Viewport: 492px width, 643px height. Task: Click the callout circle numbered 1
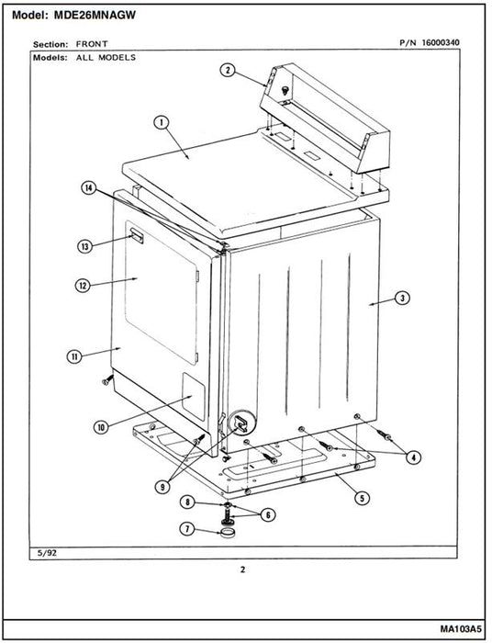pyautogui.click(x=162, y=122)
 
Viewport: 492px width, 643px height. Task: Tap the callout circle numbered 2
pyautogui.click(x=229, y=70)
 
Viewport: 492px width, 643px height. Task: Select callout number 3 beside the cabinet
pyautogui.click(x=402, y=299)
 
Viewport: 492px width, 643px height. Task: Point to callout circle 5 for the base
pyautogui.click(x=362, y=498)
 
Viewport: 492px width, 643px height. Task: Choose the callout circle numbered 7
pyautogui.click(x=187, y=529)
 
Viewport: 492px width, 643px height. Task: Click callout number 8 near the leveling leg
pyautogui.click(x=187, y=502)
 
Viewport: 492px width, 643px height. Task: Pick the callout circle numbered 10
pyautogui.click(x=101, y=428)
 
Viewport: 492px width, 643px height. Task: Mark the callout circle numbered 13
pyautogui.click(x=85, y=246)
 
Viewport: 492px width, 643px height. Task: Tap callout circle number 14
pyautogui.click(x=88, y=188)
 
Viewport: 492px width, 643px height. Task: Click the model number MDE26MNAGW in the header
pyautogui.click(x=95, y=16)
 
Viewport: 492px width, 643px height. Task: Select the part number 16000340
pyautogui.click(x=441, y=42)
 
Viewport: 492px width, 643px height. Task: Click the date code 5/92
pyautogui.click(x=47, y=553)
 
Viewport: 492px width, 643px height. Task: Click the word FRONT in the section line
pyautogui.click(x=92, y=44)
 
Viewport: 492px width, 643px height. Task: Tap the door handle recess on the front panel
pyautogui.click(x=137, y=237)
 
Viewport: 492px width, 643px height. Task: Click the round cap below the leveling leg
pyautogui.click(x=227, y=533)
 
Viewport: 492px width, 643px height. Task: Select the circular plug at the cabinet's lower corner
pyautogui.click(x=241, y=423)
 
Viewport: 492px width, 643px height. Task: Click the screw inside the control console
pyautogui.click(x=285, y=90)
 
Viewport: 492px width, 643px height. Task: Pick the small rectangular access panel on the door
pyautogui.click(x=194, y=396)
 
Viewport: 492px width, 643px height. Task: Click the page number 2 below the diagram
pyautogui.click(x=243, y=570)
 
